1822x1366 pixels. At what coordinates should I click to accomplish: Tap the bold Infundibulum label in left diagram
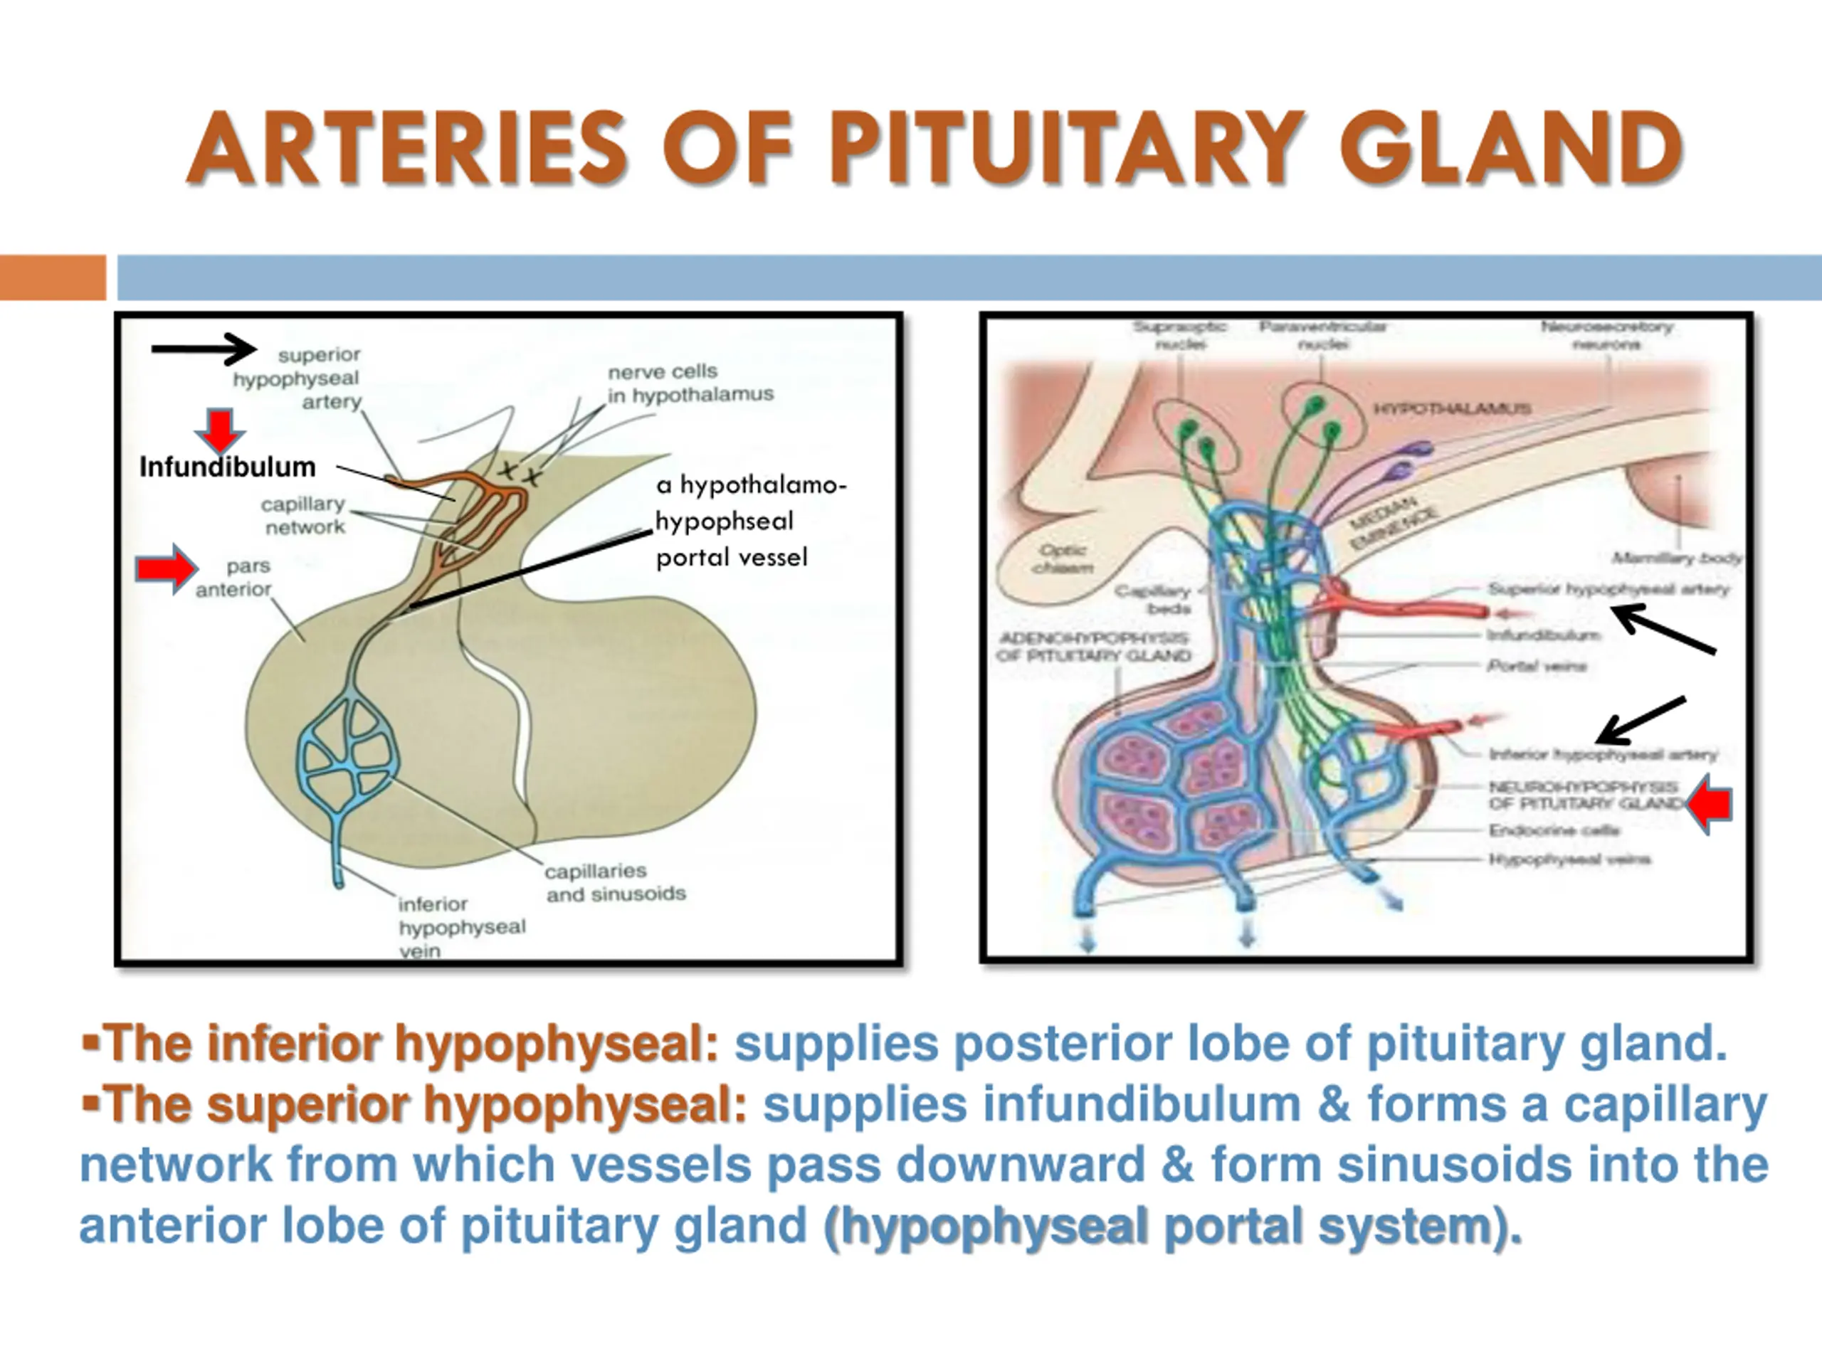tap(227, 467)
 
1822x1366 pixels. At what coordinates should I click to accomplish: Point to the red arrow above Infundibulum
tap(219, 430)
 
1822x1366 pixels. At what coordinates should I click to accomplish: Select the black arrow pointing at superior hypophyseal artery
tap(204, 349)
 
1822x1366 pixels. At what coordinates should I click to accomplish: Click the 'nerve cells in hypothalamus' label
tap(690, 383)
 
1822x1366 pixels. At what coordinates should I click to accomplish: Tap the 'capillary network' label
tap(303, 515)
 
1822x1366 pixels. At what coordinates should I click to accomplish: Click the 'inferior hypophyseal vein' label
tap(461, 927)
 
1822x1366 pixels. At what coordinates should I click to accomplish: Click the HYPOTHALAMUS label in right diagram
tap(1452, 408)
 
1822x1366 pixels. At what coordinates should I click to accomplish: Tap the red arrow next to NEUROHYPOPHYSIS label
tap(1709, 805)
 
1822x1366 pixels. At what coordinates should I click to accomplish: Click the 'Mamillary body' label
tap(1676, 558)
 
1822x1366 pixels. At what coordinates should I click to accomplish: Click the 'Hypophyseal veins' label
tap(1569, 859)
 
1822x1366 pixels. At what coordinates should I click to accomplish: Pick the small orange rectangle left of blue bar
tap(53, 277)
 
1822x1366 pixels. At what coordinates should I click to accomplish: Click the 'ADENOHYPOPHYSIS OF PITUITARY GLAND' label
tap(1093, 646)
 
